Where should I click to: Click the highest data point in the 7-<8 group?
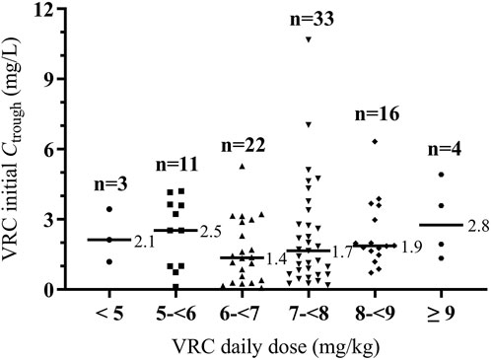tap(310, 38)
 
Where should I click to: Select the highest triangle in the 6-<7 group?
tap(243, 166)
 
